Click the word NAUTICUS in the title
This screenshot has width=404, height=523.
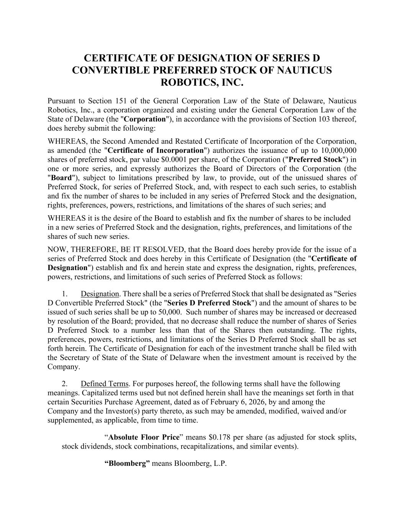[x=302, y=70]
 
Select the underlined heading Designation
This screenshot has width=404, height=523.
[x=100, y=294]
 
